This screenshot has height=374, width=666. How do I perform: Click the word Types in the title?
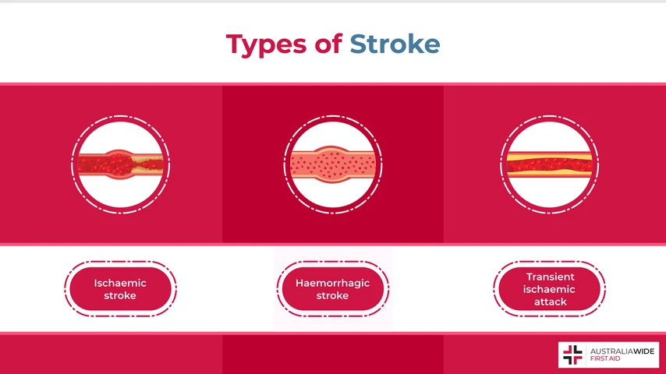(x=266, y=44)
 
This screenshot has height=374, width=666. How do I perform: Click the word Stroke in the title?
(x=395, y=44)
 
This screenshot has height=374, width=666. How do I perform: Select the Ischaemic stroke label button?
(x=120, y=289)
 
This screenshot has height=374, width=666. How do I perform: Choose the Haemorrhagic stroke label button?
(x=332, y=289)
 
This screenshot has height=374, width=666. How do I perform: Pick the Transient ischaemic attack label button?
(x=550, y=289)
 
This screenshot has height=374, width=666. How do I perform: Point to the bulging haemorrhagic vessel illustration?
(x=333, y=164)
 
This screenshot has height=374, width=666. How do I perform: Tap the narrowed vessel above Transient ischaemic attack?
(x=550, y=164)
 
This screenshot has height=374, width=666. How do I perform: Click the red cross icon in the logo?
(x=572, y=355)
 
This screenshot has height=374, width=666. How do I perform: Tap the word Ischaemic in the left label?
(x=120, y=283)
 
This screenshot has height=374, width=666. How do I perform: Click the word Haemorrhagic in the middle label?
(x=332, y=283)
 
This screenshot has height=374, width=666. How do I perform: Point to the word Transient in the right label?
(x=550, y=277)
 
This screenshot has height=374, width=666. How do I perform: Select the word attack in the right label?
(x=550, y=302)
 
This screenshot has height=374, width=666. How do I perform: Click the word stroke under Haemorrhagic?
(x=332, y=295)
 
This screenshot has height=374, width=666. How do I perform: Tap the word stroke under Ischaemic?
(x=120, y=295)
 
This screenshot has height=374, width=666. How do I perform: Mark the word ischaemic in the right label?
(x=550, y=289)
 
